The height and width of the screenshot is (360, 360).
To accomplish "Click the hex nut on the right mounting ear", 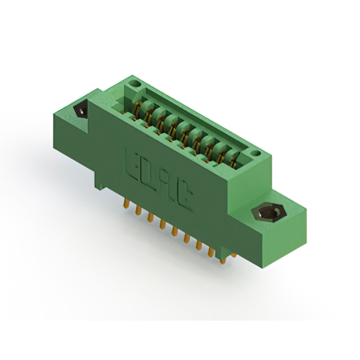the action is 269,213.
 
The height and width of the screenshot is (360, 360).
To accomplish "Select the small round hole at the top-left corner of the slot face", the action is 135,84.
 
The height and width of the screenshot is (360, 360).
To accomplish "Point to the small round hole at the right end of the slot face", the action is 255,153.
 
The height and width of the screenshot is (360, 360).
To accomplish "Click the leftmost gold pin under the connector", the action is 126,204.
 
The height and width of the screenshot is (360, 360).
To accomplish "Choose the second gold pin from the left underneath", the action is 138,210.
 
